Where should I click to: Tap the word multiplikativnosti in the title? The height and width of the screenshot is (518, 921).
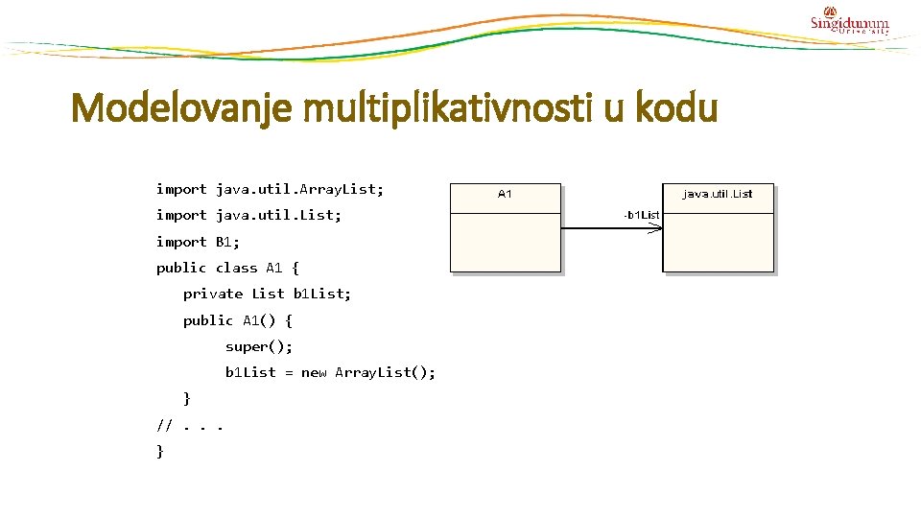tap(457, 108)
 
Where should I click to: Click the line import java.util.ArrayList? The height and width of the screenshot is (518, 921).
tap(270, 189)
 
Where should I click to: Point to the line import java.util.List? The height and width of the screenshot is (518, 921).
tap(248, 215)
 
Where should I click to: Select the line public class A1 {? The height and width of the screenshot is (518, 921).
tap(227, 268)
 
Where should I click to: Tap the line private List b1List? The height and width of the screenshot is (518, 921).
tap(267, 294)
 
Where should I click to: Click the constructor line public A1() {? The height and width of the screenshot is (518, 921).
tap(237, 319)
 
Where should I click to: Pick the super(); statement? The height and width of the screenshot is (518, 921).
tap(259, 345)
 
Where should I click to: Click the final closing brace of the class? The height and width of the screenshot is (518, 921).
tap(160, 450)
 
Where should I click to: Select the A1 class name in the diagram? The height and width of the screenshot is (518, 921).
tap(505, 194)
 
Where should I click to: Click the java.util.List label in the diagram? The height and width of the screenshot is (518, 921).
tap(718, 194)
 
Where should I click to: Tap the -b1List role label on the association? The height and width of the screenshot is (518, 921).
tap(641, 215)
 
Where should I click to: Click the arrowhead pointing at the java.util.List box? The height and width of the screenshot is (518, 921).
tap(655, 228)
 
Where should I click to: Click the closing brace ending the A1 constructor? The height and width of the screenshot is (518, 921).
tap(187, 398)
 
